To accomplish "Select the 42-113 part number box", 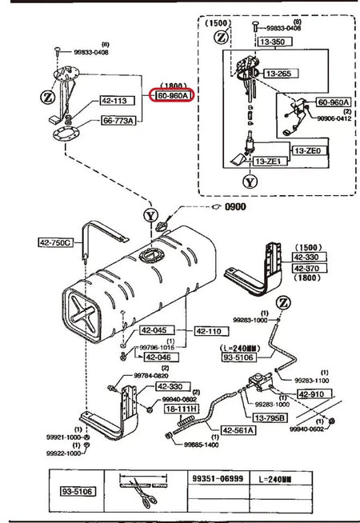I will click(114, 102).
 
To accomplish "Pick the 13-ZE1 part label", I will click(270, 162).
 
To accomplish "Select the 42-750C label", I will click(55, 242).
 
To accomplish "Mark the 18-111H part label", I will click(181, 408).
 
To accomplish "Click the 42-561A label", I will click(238, 430).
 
